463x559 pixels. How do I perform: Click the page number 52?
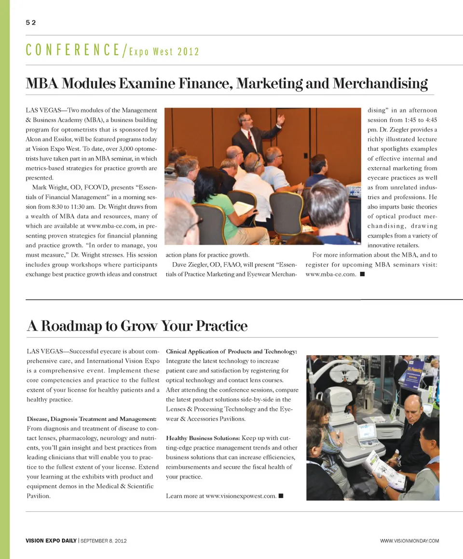tap(31, 22)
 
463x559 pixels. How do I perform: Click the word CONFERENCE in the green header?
tap(74, 50)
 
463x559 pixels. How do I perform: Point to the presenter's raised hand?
tap(280, 119)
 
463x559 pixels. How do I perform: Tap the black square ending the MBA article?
tap(362, 274)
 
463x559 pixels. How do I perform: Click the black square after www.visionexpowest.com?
tap(281, 496)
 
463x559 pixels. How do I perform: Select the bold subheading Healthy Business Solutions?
tap(203, 438)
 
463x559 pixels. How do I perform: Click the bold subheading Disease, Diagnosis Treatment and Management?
tap(92, 419)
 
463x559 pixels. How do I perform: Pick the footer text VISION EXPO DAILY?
tap(51, 541)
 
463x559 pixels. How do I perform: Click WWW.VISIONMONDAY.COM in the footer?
tap(409, 541)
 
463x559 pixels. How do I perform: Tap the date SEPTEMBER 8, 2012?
tap(104, 541)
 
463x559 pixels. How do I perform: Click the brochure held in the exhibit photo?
tap(383, 470)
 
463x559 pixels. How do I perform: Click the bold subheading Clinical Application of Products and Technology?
tap(231, 351)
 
